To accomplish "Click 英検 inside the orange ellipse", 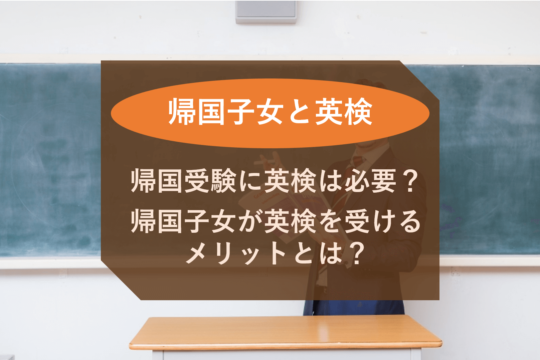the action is coord(344,112).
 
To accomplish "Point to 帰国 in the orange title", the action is coord(196,112).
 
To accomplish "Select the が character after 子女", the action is coord(250,221).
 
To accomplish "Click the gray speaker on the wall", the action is coord(266,12).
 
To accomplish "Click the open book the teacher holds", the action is coord(285,212).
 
